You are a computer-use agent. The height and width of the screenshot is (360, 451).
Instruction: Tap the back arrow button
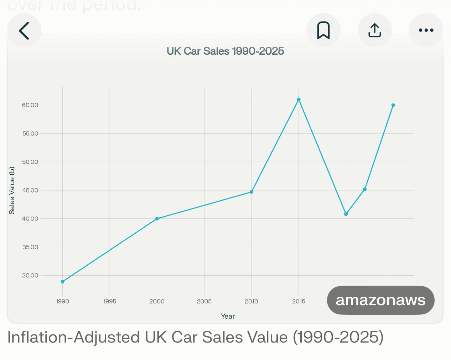click(x=24, y=31)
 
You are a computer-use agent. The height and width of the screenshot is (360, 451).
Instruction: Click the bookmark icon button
click(x=323, y=31)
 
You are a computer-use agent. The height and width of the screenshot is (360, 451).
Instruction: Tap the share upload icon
click(x=374, y=31)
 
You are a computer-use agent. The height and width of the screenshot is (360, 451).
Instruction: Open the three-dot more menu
click(x=426, y=31)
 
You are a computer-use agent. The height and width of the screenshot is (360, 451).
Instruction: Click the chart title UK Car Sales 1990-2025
click(x=225, y=51)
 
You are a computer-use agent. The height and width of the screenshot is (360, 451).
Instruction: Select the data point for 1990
click(x=63, y=282)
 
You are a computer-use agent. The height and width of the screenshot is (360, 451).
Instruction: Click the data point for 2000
click(x=157, y=219)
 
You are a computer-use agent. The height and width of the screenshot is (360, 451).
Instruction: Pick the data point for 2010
click(x=252, y=192)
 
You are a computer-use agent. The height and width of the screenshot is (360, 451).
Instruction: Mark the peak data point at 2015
click(x=299, y=100)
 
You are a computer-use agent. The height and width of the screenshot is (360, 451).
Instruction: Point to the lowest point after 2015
click(x=346, y=214)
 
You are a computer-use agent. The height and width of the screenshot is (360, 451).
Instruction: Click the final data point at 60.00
click(x=393, y=105)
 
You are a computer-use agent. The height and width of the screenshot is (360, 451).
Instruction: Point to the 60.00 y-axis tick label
click(x=30, y=105)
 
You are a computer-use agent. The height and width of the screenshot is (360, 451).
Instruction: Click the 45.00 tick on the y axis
click(x=30, y=190)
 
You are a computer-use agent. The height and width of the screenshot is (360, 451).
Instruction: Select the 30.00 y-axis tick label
click(x=30, y=275)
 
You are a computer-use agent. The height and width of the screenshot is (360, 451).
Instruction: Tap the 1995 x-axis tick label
click(x=110, y=301)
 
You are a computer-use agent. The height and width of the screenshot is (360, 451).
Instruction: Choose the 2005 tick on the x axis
click(x=204, y=301)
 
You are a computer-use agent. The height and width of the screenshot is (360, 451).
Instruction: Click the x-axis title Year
click(x=228, y=316)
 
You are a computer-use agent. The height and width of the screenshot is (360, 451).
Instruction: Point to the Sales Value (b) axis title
click(x=12, y=190)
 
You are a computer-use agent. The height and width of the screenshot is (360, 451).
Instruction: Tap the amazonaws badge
click(x=380, y=300)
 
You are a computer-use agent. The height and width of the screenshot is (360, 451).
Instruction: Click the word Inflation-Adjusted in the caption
click(x=73, y=337)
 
